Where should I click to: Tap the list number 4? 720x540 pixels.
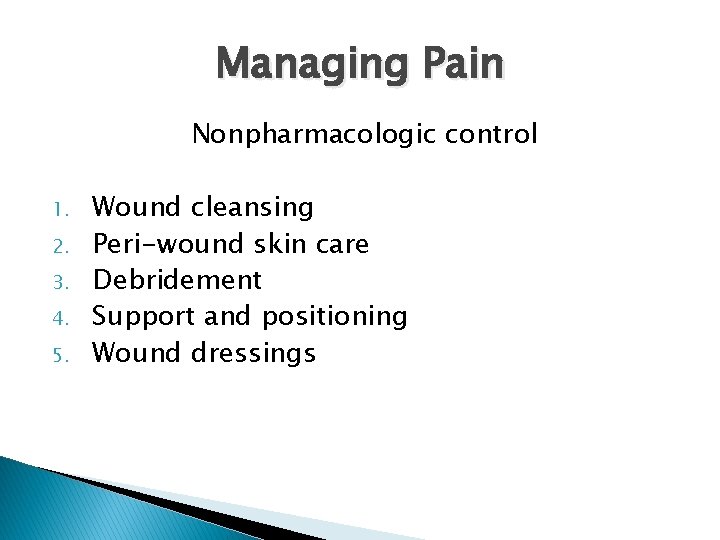point(60,318)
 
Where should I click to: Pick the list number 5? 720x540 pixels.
point(60,354)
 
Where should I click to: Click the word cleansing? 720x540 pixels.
point(251,208)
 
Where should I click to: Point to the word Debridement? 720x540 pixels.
point(177,280)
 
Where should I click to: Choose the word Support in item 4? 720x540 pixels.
point(144,317)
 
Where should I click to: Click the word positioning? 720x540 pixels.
point(334,317)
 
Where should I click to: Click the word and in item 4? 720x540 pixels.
point(227,316)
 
